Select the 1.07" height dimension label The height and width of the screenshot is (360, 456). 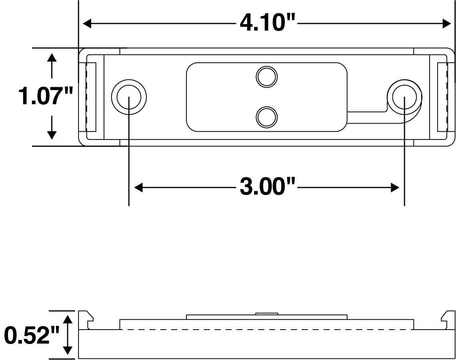(x=46, y=96)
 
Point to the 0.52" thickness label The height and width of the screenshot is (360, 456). (x=32, y=335)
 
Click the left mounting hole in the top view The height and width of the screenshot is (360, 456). (x=129, y=97)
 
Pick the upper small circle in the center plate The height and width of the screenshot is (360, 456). (x=267, y=77)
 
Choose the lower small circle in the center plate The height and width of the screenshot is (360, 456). (x=267, y=117)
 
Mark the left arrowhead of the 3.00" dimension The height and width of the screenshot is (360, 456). (x=138, y=187)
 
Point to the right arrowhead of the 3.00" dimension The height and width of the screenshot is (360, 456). (x=395, y=187)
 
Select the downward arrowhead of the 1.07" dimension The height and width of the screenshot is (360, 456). (x=52, y=135)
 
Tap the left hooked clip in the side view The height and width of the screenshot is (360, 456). (x=86, y=320)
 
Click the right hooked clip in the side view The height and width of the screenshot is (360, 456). (x=448, y=320)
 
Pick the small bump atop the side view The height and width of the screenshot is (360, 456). (x=267, y=314)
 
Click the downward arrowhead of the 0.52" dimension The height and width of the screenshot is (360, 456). (x=68, y=350)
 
